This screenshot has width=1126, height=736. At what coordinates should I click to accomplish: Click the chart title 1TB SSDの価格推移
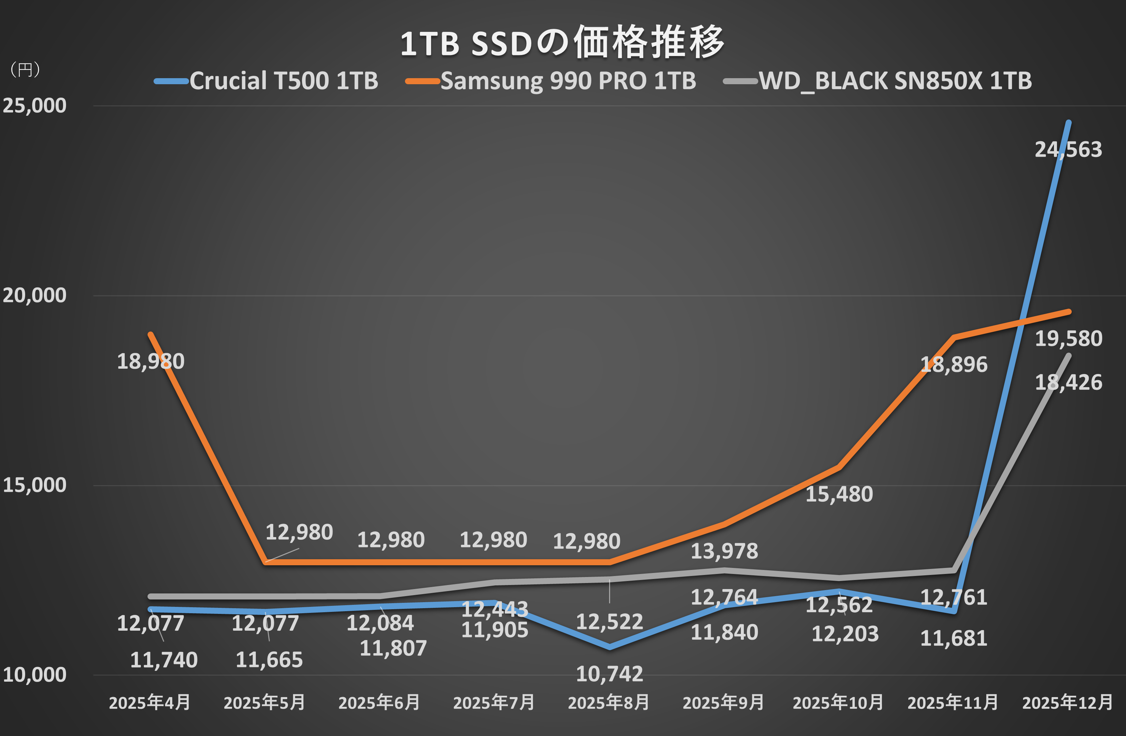[562, 43]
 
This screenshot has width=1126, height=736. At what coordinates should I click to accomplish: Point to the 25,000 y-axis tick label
[34, 106]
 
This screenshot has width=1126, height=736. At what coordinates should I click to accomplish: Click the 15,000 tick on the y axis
[34, 485]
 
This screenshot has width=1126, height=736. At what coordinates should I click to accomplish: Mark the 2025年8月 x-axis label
[608, 702]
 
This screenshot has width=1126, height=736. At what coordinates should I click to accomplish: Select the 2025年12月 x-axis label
[1067, 702]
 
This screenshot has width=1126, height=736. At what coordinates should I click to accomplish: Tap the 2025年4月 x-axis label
[150, 702]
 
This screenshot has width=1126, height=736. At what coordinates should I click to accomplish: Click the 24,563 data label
[1068, 150]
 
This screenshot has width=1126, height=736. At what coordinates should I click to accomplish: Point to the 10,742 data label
[609, 674]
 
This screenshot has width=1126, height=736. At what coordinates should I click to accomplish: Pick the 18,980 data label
[151, 362]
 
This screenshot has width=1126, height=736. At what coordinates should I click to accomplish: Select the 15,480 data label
[839, 494]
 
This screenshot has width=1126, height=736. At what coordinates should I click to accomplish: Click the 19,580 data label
[1068, 339]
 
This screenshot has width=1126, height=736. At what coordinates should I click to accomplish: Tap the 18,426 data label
[1068, 382]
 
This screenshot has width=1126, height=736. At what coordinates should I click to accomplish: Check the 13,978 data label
[724, 551]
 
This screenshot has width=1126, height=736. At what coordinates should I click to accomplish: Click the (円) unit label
[25, 70]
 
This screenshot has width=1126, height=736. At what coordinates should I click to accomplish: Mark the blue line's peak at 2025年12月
[1068, 122]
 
